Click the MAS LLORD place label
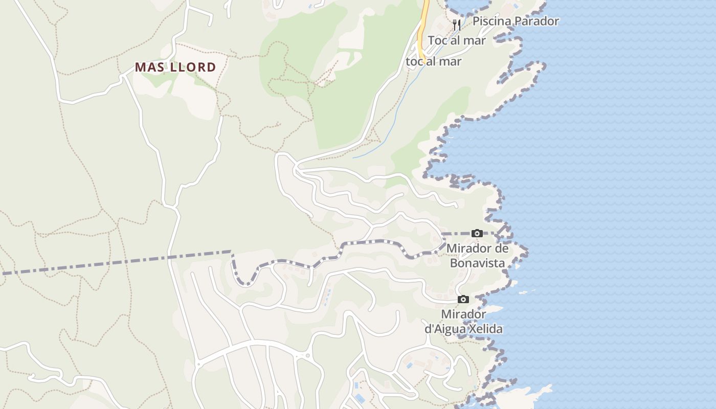pyautogui.click(x=175, y=67)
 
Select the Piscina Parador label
pyautogui.click(x=516, y=21)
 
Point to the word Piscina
pyautogui.click(x=491, y=21)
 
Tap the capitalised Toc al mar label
pyautogui.click(x=456, y=40)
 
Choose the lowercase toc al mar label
pyautogui.click(x=434, y=62)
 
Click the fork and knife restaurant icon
pyautogui.click(x=457, y=25)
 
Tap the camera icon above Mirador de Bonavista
pyautogui.click(x=477, y=234)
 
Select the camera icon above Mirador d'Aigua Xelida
pyautogui.click(x=463, y=299)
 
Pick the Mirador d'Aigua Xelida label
pyautogui.click(x=463, y=322)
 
